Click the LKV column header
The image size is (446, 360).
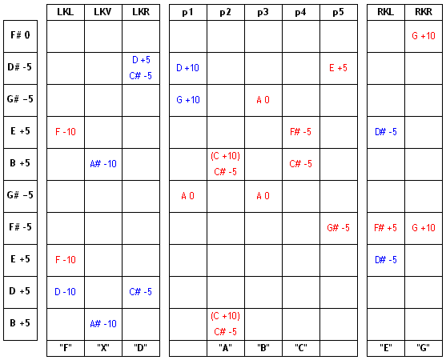click(x=103, y=12)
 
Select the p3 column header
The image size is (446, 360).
click(x=263, y=12)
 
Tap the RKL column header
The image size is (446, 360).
click(x=385, y=12)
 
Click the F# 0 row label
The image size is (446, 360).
click(x=20, y=35)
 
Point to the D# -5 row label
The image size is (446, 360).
click(x=20, y=67)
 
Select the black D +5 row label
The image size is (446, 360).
click(x=20, y=291)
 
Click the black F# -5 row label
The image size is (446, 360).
click(x=20, y=227)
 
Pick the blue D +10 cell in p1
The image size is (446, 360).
click(x=187, y=68)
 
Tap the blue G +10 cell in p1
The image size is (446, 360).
click(x=188, y=100)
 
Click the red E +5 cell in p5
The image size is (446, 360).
click(x=338, y=68)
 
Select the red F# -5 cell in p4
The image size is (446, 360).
click(x=300, y=132)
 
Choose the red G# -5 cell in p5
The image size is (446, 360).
click(x=338, y=228)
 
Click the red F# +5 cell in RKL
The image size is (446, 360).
click(x=385, y=228)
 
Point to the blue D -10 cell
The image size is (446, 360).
click(x=65, y=292)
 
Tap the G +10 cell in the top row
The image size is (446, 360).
click(x=424, y=36)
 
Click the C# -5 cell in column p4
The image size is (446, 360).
click(x=300, y=164)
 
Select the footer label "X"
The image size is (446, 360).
click(x=103, y=347)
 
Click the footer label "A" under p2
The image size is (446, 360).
click(x=225, y=347)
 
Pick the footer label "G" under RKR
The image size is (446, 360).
click(x=424, y=347)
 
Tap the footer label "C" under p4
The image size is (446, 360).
click(x=300, y=347)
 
